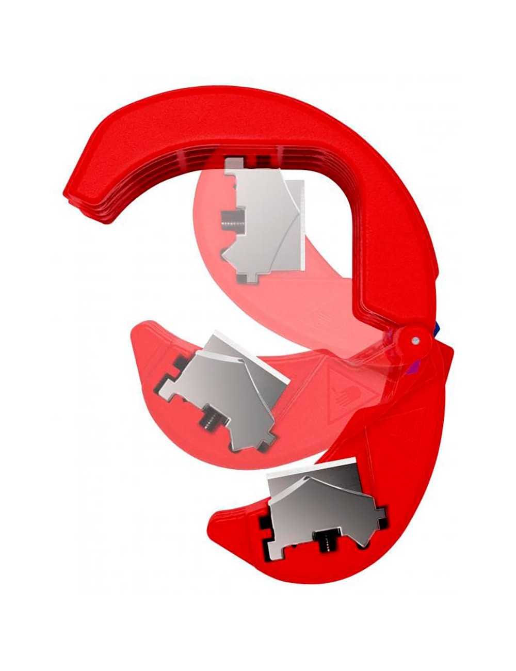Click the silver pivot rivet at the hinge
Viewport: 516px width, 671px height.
click(415, 340)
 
